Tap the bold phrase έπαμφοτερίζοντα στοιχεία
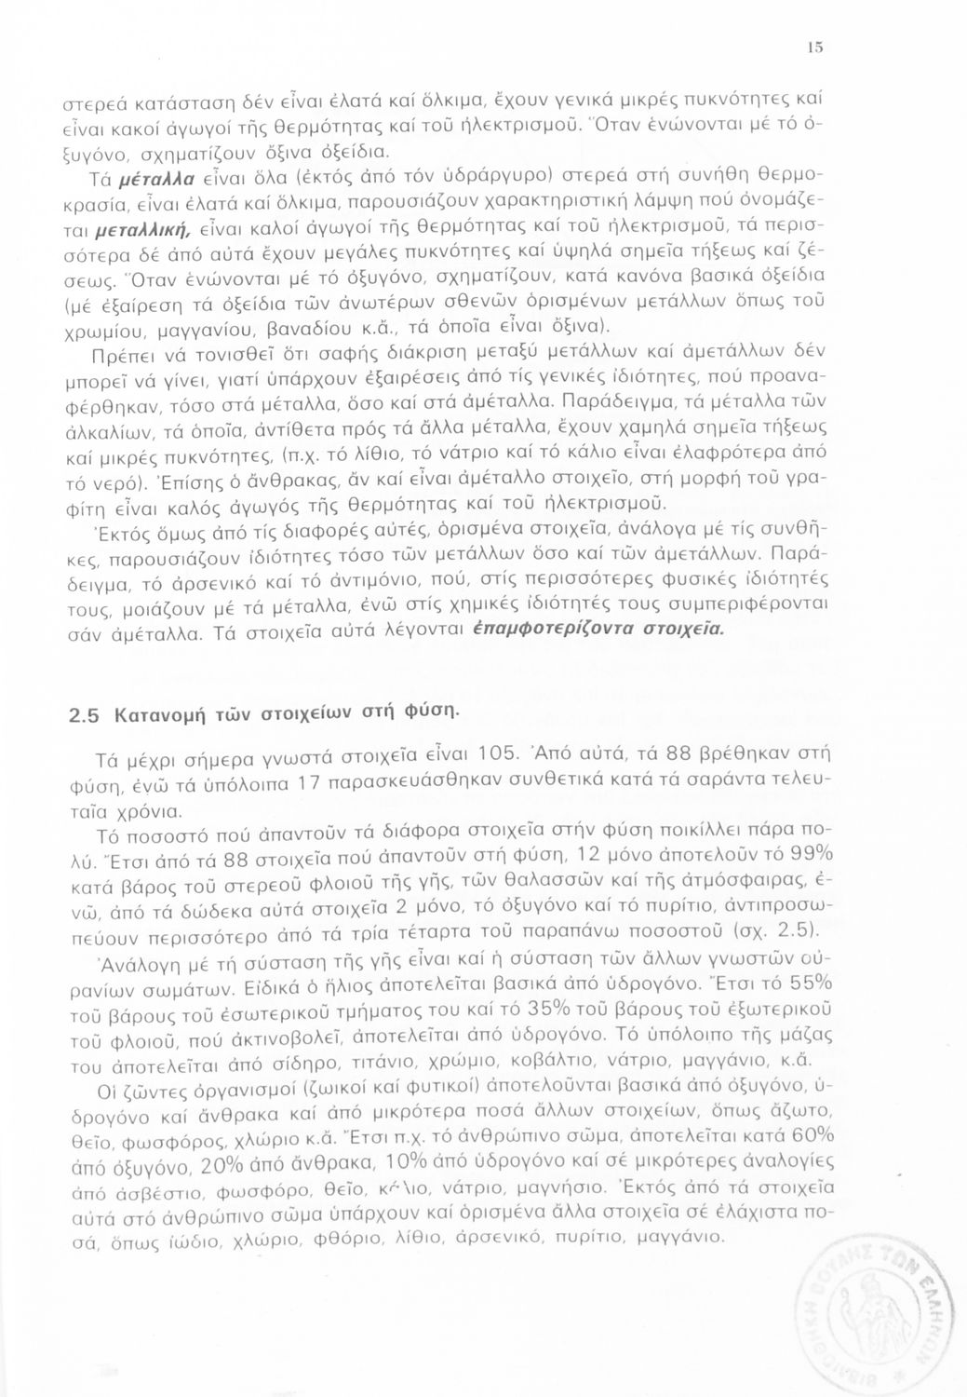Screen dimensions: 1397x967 (597, 631)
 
